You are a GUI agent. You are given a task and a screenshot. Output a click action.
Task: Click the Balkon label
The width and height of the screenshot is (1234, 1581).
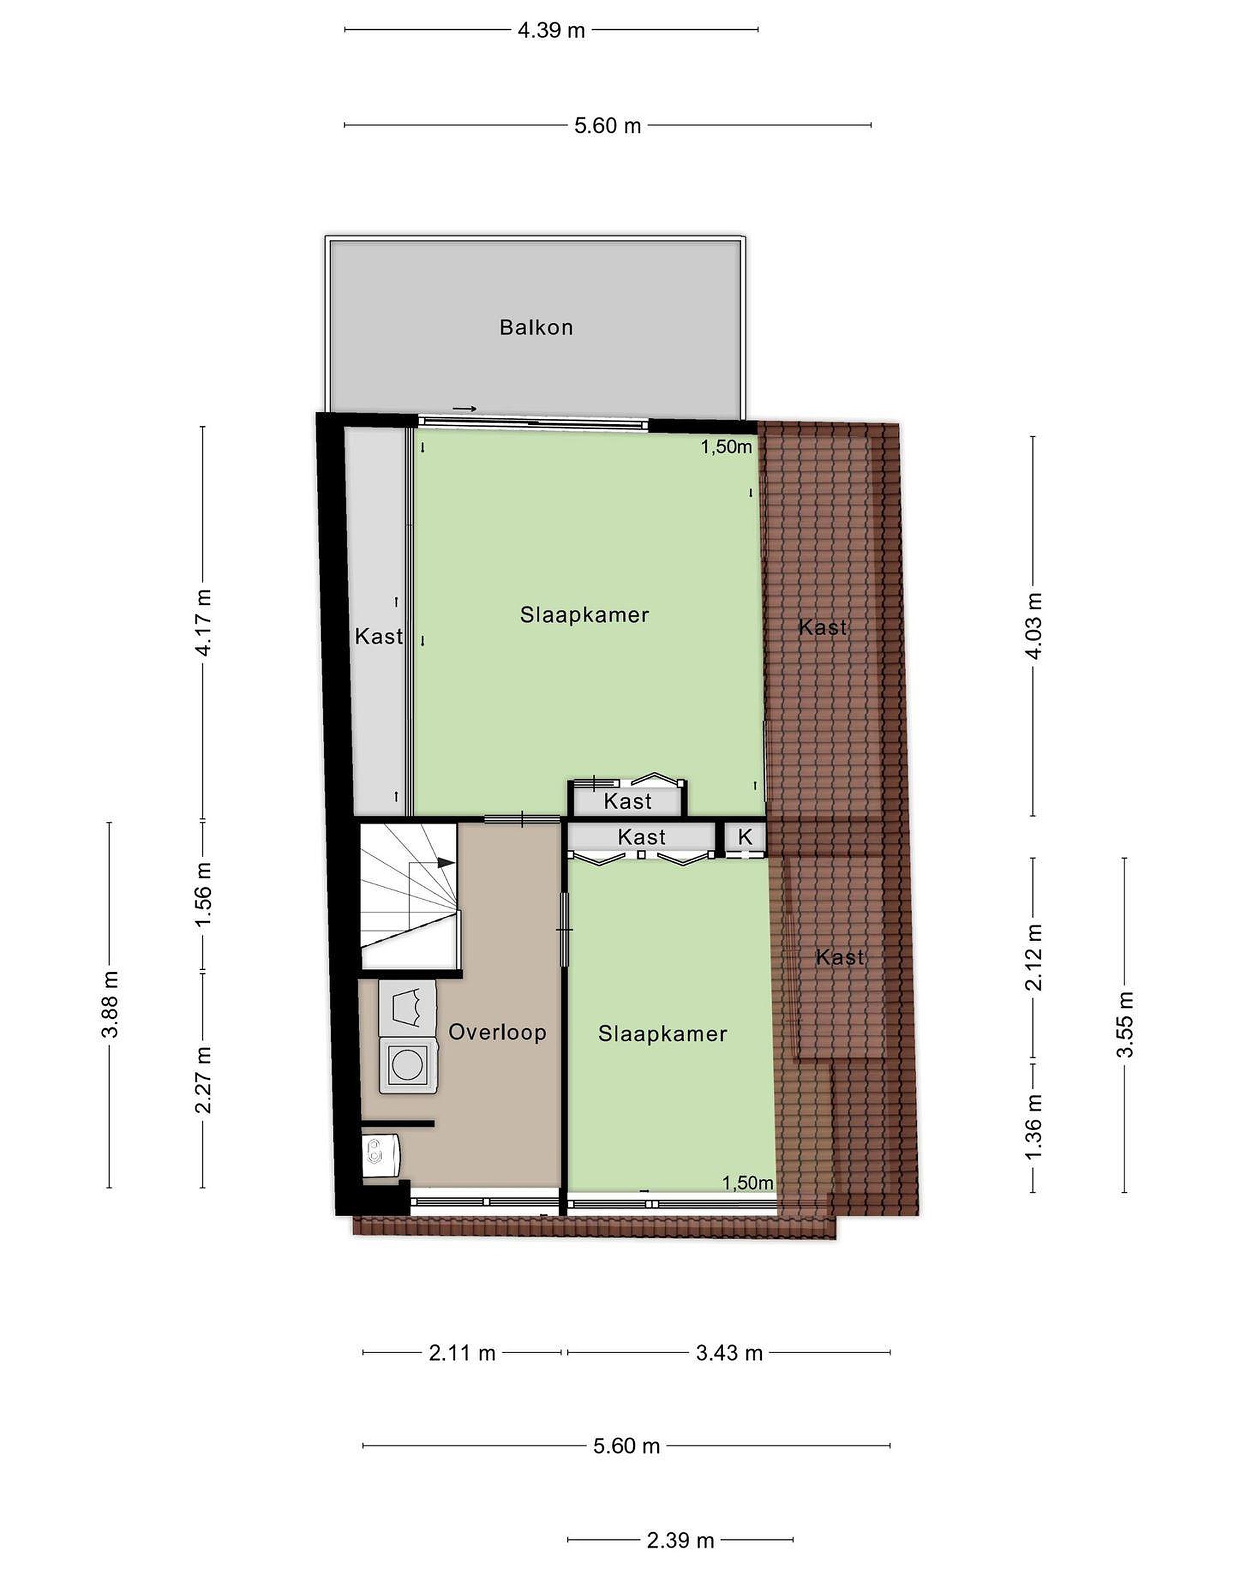click(x=536, y=327)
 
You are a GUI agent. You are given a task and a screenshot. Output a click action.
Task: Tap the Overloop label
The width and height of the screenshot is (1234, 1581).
click(x=497, y=1031)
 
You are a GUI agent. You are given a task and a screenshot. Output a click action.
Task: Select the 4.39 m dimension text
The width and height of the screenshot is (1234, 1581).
click(x=551, y=30)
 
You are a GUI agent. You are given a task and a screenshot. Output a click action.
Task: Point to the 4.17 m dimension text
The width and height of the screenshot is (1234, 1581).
click(x=204, y=623)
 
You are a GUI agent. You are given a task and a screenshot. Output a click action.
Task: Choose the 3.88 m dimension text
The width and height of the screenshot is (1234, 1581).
click(x=110, y=1005)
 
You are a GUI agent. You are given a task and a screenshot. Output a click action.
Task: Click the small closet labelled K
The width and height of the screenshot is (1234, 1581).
click(x=745, y=838)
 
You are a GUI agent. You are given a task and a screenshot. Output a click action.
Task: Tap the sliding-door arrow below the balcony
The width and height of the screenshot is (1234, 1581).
click(x=464, y=409)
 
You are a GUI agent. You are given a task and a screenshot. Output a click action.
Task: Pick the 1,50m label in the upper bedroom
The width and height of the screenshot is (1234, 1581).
click(x=727, y=447)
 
